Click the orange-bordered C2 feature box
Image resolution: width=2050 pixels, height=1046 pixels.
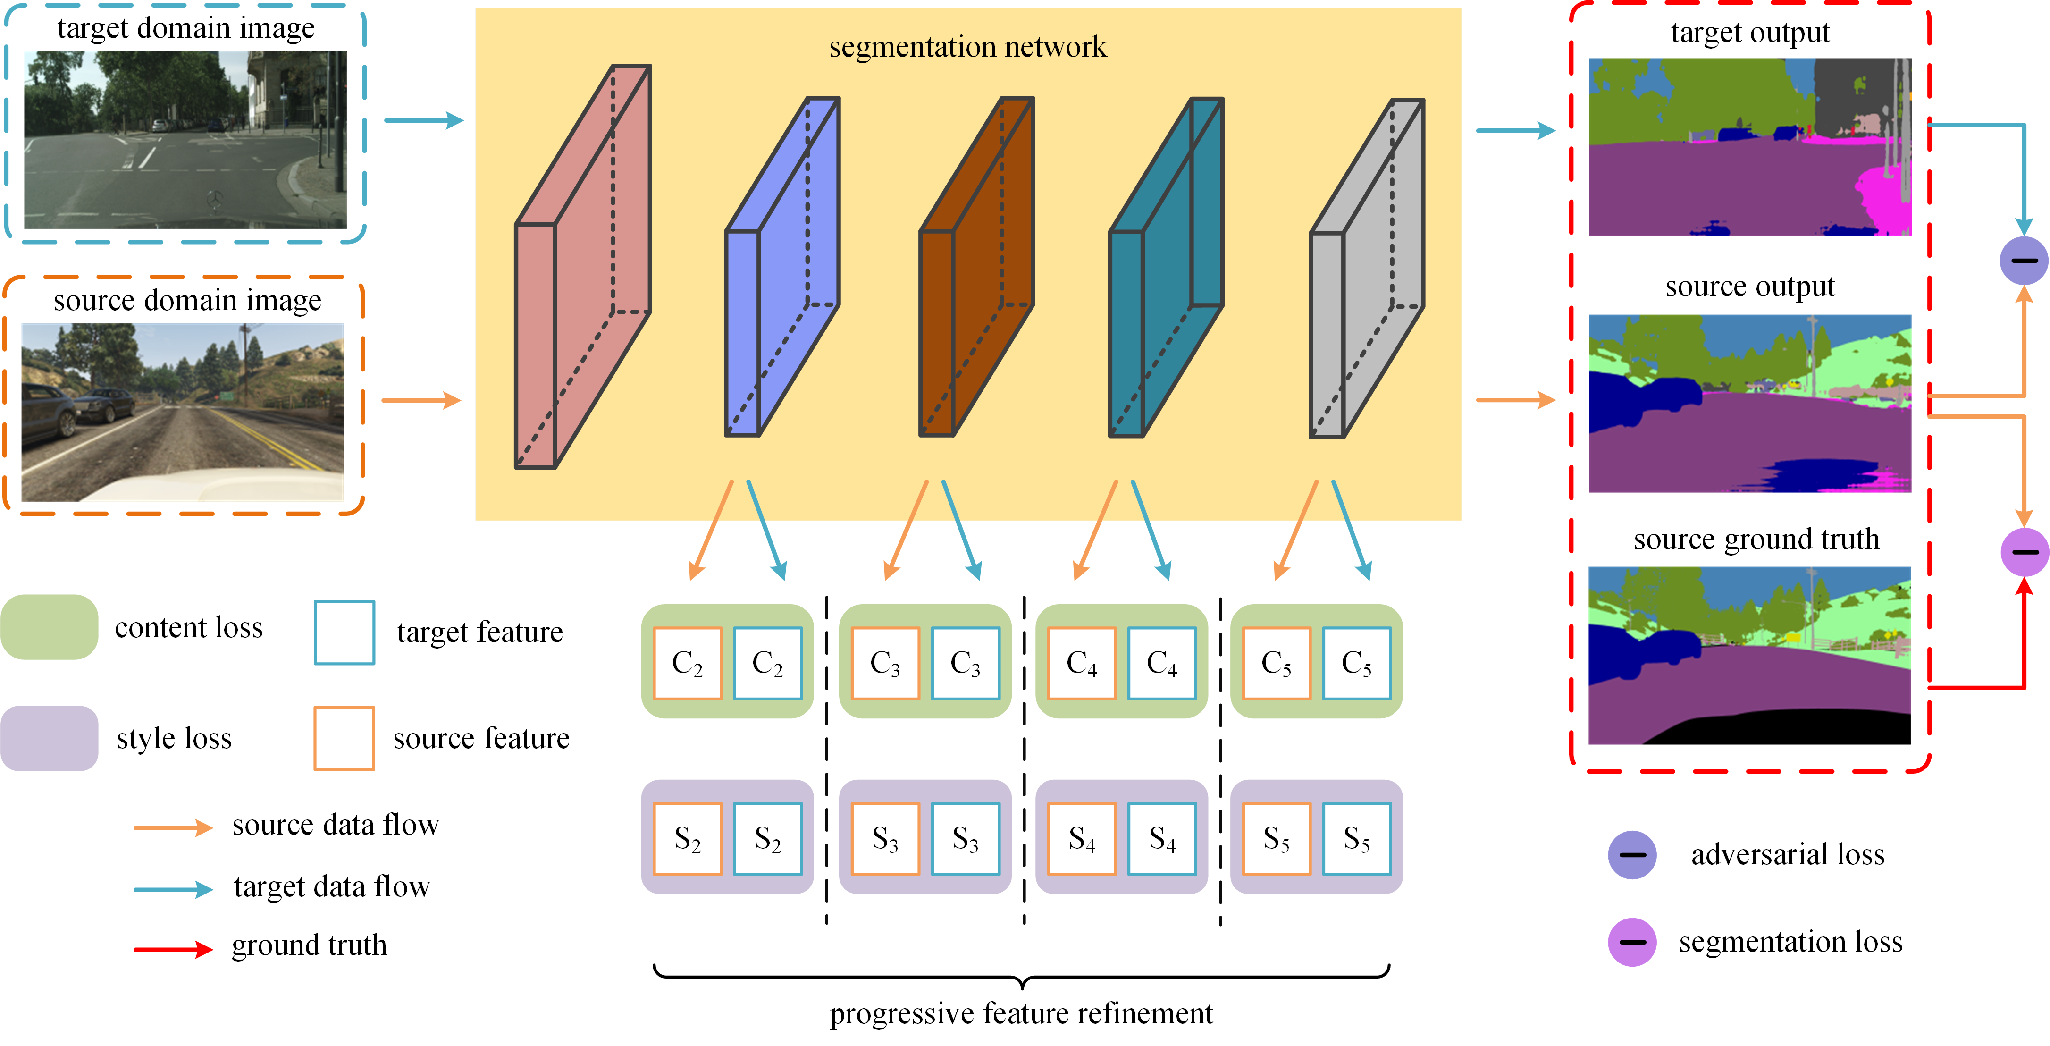click(x=687, y=663)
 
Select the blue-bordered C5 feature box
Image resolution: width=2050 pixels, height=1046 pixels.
click(x=1356, y=663)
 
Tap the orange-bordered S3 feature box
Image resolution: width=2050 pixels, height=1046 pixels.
click(x=885, y=838)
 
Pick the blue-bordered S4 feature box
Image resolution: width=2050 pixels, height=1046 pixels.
click(x=1161, y=838)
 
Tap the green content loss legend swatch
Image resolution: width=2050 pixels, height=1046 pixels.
click(x=50, y=627)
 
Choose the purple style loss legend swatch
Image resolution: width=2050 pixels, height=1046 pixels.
click(x=50, y=738)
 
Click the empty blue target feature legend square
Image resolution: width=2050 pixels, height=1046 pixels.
click(x=344, y=632)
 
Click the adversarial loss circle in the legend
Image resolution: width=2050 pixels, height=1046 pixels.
click(x=1632, y=855)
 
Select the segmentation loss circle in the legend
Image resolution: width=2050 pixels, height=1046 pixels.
click(x=1632, y=942)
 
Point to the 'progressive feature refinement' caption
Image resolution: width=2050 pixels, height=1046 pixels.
click(x=1021, y=1013)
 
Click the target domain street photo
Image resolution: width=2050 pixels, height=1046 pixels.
click(x=185, y=140)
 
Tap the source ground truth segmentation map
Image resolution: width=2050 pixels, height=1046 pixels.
click(x=1749, y=655)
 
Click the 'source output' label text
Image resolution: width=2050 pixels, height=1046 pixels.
click(x=1749, y=287)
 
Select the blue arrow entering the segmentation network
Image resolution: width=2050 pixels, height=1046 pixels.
click(x=423, y=121)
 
